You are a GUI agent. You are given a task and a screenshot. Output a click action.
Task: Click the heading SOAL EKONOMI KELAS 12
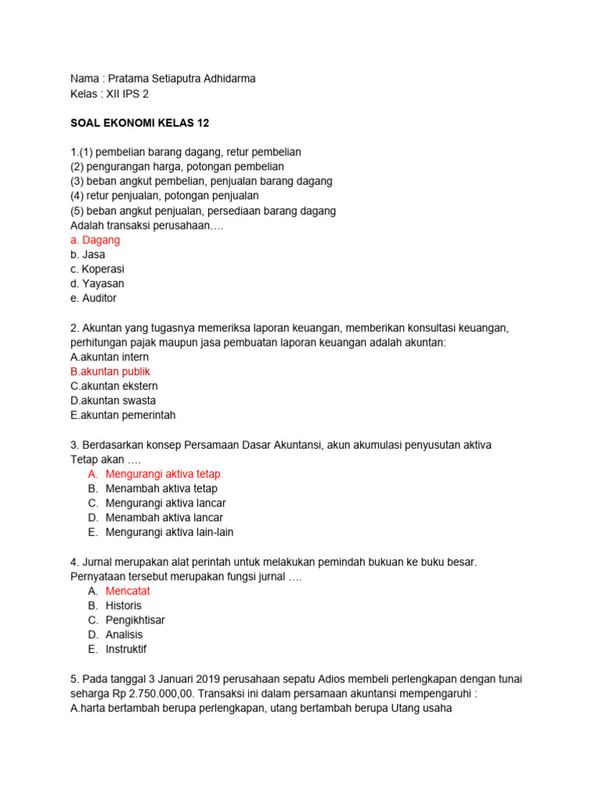[140, 123]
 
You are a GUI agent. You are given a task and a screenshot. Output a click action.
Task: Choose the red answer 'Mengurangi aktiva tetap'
[163, 474]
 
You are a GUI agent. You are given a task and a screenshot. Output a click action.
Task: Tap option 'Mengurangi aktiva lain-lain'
[169, 532]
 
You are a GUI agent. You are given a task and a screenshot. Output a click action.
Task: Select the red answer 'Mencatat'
[128, 591]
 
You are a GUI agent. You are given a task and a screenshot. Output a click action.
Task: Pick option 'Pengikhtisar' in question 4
[135, 620]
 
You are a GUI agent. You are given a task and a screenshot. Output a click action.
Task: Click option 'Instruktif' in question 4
[126, 649]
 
